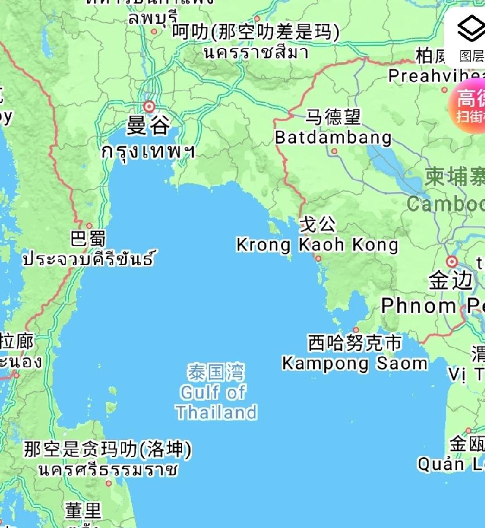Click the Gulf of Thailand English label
coord(217,402)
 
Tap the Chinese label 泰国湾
coord(216,372)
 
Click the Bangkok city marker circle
coord(149,106)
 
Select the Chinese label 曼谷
coord(148,126)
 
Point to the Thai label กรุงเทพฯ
coord(148,151)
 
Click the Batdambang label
coord(333,137)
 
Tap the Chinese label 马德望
coord(333,117)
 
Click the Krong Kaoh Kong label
coord(317,244)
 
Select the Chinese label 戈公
coord(318,224)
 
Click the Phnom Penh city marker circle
coord(452,261)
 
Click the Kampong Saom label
coord(355,363)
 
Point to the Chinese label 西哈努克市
coord(355,343)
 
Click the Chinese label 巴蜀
coord(88,239)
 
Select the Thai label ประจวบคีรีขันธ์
coord(88,259)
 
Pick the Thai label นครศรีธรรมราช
coord(108,469)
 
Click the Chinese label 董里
coord(83,510)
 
